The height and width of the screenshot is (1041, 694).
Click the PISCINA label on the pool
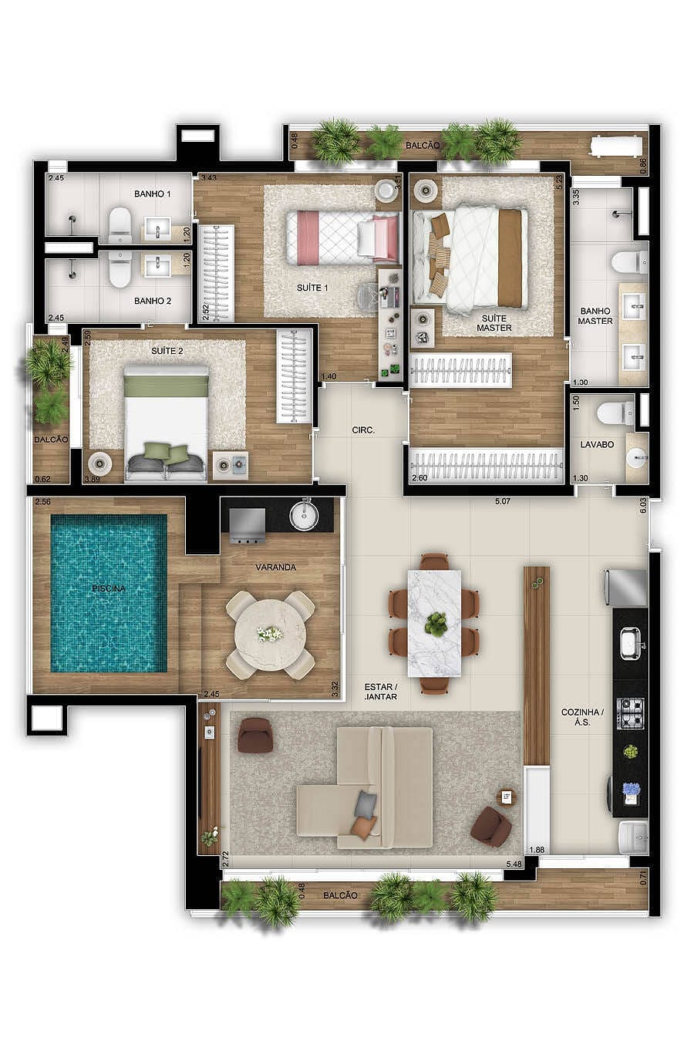(x=109, y=588)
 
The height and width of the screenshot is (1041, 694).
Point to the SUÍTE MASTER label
(x=494, y=322)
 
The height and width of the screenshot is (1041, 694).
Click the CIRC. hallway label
(x=362, y=430)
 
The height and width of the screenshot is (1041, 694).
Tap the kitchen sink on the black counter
(x=631, y=642)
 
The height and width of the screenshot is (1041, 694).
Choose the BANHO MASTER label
(x=596, y=316)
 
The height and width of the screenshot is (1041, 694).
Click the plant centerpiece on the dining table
(x=436, y=623)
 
